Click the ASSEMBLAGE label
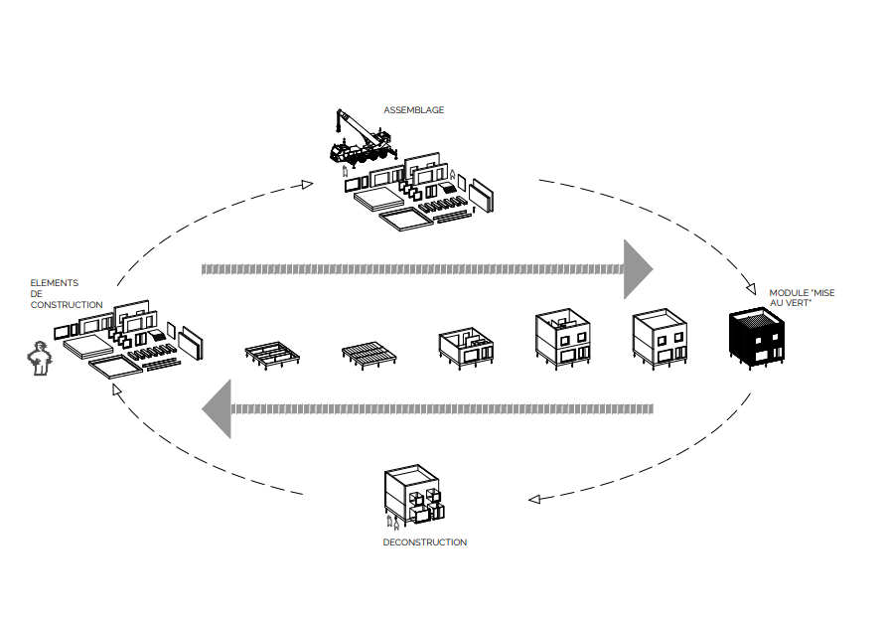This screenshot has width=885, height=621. coord(414,110)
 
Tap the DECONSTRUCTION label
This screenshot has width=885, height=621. coord(424,543)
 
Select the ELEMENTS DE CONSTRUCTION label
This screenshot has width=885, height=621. coord(66,294)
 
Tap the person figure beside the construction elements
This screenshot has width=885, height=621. coord(39,359)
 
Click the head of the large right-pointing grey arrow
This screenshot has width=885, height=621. coord(637,268)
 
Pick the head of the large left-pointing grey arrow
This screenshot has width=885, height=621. coord(218,408)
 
